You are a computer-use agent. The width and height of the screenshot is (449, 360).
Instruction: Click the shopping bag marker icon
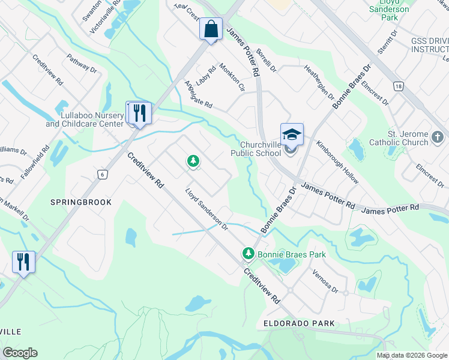[211, 29]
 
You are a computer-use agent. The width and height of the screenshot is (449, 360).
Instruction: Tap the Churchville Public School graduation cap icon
[292, 134]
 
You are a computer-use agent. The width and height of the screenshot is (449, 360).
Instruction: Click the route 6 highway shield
[103, 174]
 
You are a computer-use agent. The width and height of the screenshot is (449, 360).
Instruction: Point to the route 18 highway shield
[398, 86]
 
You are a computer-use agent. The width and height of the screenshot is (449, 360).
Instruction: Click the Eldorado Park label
[299, 323]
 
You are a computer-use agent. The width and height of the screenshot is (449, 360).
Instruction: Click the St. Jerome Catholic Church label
[408, 138]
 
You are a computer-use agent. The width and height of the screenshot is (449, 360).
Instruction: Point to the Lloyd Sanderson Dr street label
[206, 209]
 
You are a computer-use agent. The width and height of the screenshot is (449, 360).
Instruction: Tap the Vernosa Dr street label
[325, 280]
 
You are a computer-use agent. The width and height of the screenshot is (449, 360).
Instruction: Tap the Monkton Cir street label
[232, 77]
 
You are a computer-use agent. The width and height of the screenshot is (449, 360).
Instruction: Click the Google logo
[20, 353]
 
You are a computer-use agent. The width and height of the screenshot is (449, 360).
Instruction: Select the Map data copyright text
[412, 355]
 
